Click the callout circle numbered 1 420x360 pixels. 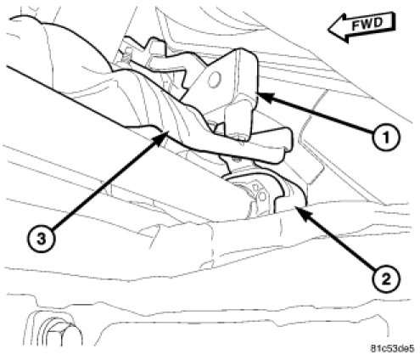386,138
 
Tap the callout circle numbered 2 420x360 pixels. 386,279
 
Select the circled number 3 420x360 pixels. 42,239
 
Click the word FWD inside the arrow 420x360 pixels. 367,25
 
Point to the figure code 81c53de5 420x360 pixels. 392,348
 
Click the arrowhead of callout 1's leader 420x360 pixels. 265,98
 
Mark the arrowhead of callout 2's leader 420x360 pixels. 301,214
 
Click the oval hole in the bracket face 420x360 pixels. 214,80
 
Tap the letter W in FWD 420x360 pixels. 367,25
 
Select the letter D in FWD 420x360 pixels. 378,23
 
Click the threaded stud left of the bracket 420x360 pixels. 128,54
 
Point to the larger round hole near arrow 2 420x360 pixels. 262,196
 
